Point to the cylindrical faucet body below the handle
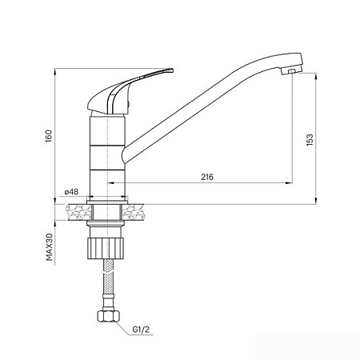106,148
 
